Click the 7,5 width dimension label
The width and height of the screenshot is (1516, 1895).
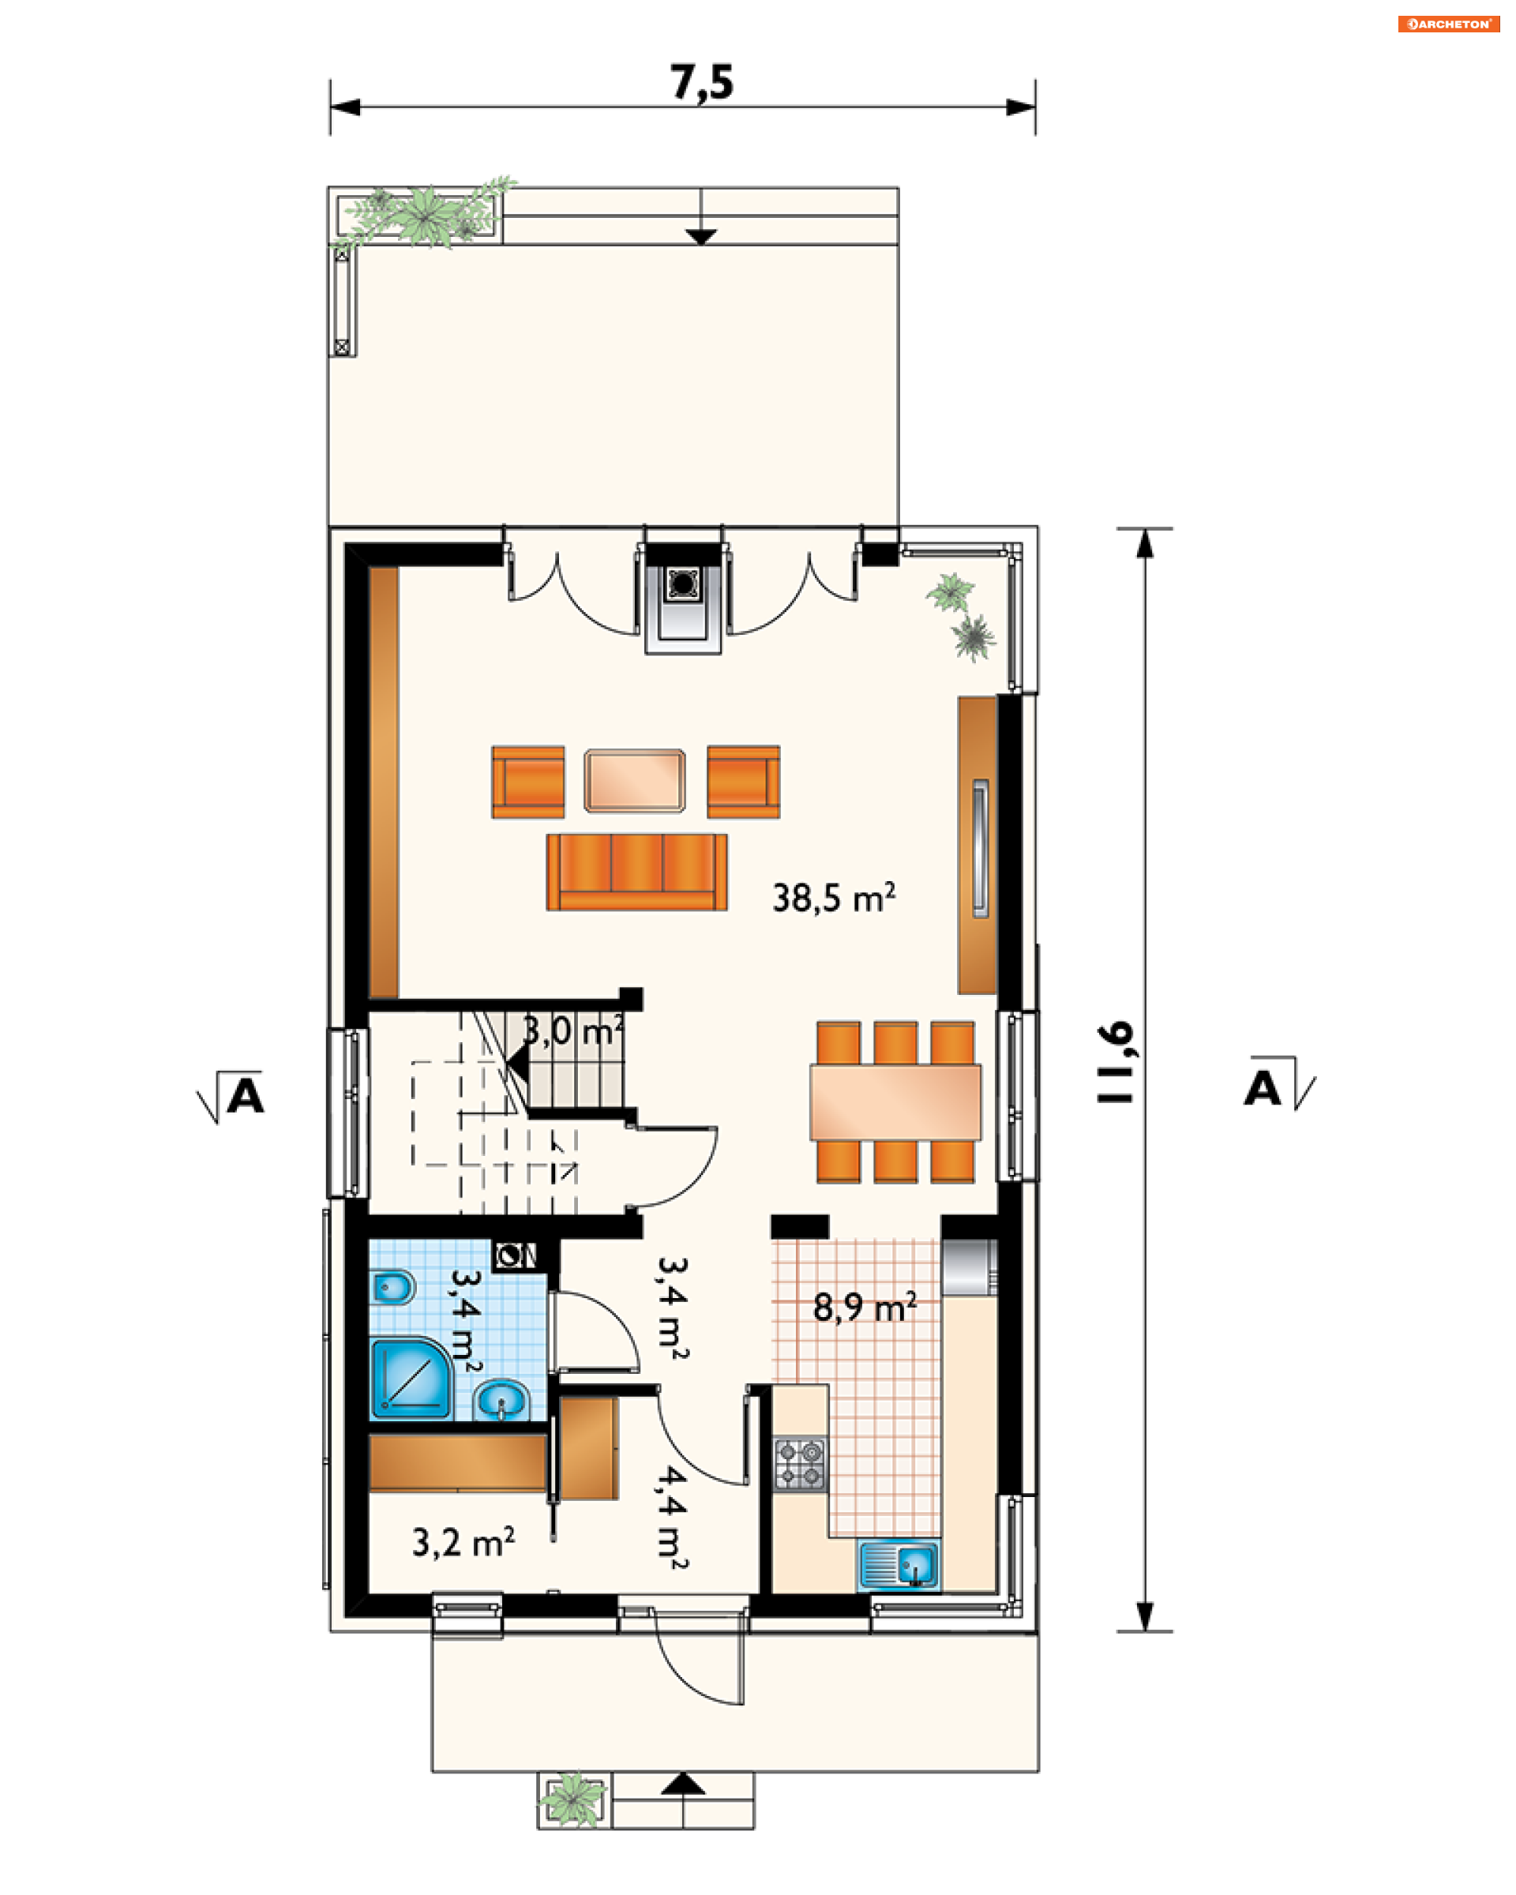click(701, 84)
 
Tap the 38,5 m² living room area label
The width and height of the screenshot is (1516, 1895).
click(833, 898)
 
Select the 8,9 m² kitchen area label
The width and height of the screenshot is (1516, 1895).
click(865, 1307)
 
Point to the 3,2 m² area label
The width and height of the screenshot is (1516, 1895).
click(463, 1543)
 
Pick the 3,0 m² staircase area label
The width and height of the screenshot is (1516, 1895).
click(573, 1031)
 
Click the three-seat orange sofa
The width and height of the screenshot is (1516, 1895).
click(636, 872)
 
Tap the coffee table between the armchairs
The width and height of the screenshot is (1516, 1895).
click(635, 780)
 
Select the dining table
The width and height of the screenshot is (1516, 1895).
click(895, 1102)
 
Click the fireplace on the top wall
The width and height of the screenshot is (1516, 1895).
click(683, 599)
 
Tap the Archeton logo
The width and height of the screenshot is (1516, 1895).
click(1448, 24)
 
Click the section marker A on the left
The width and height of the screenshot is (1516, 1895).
click(231, 1096)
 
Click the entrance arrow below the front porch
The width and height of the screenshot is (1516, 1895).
click(683, 1784)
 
